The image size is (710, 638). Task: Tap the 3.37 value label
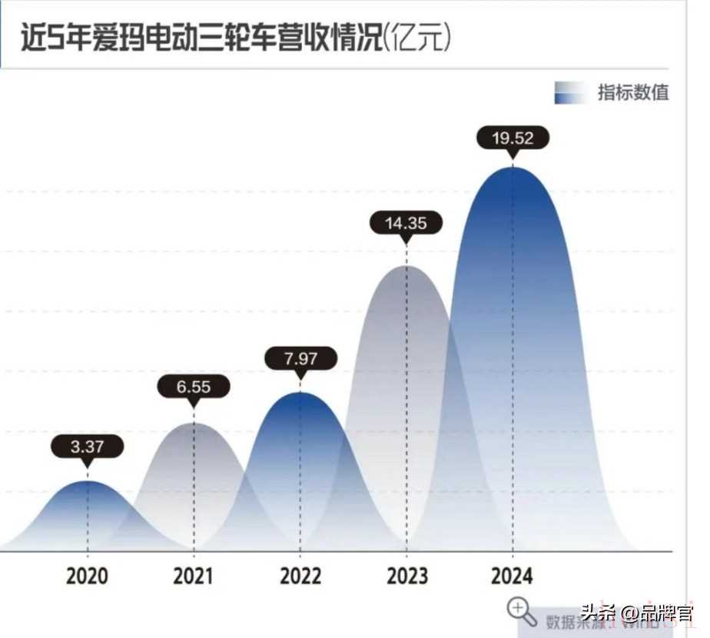(87, 447)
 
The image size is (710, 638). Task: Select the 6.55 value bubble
(193, 387)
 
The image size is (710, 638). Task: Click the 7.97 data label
(300, 358)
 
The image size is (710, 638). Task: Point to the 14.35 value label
(406, 224)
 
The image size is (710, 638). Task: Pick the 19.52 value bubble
(513, 138)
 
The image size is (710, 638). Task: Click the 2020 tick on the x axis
(87, 577)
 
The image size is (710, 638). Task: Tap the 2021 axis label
(194, 577)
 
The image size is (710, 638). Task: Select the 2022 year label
(300, 577)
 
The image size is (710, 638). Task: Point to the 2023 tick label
(406, 577)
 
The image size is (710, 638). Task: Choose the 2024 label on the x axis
(513, 577)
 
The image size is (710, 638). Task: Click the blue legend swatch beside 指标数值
(570, 93)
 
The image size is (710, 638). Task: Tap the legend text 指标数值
(634, 93)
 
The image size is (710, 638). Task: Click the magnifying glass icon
(522, 612)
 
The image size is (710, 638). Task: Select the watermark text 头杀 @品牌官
(637, 614)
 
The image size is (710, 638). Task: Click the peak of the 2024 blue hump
(513, 167)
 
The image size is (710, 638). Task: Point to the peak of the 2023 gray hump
(406, 266)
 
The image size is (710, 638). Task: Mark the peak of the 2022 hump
(300, 392)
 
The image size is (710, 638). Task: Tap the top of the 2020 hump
(87, 481)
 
